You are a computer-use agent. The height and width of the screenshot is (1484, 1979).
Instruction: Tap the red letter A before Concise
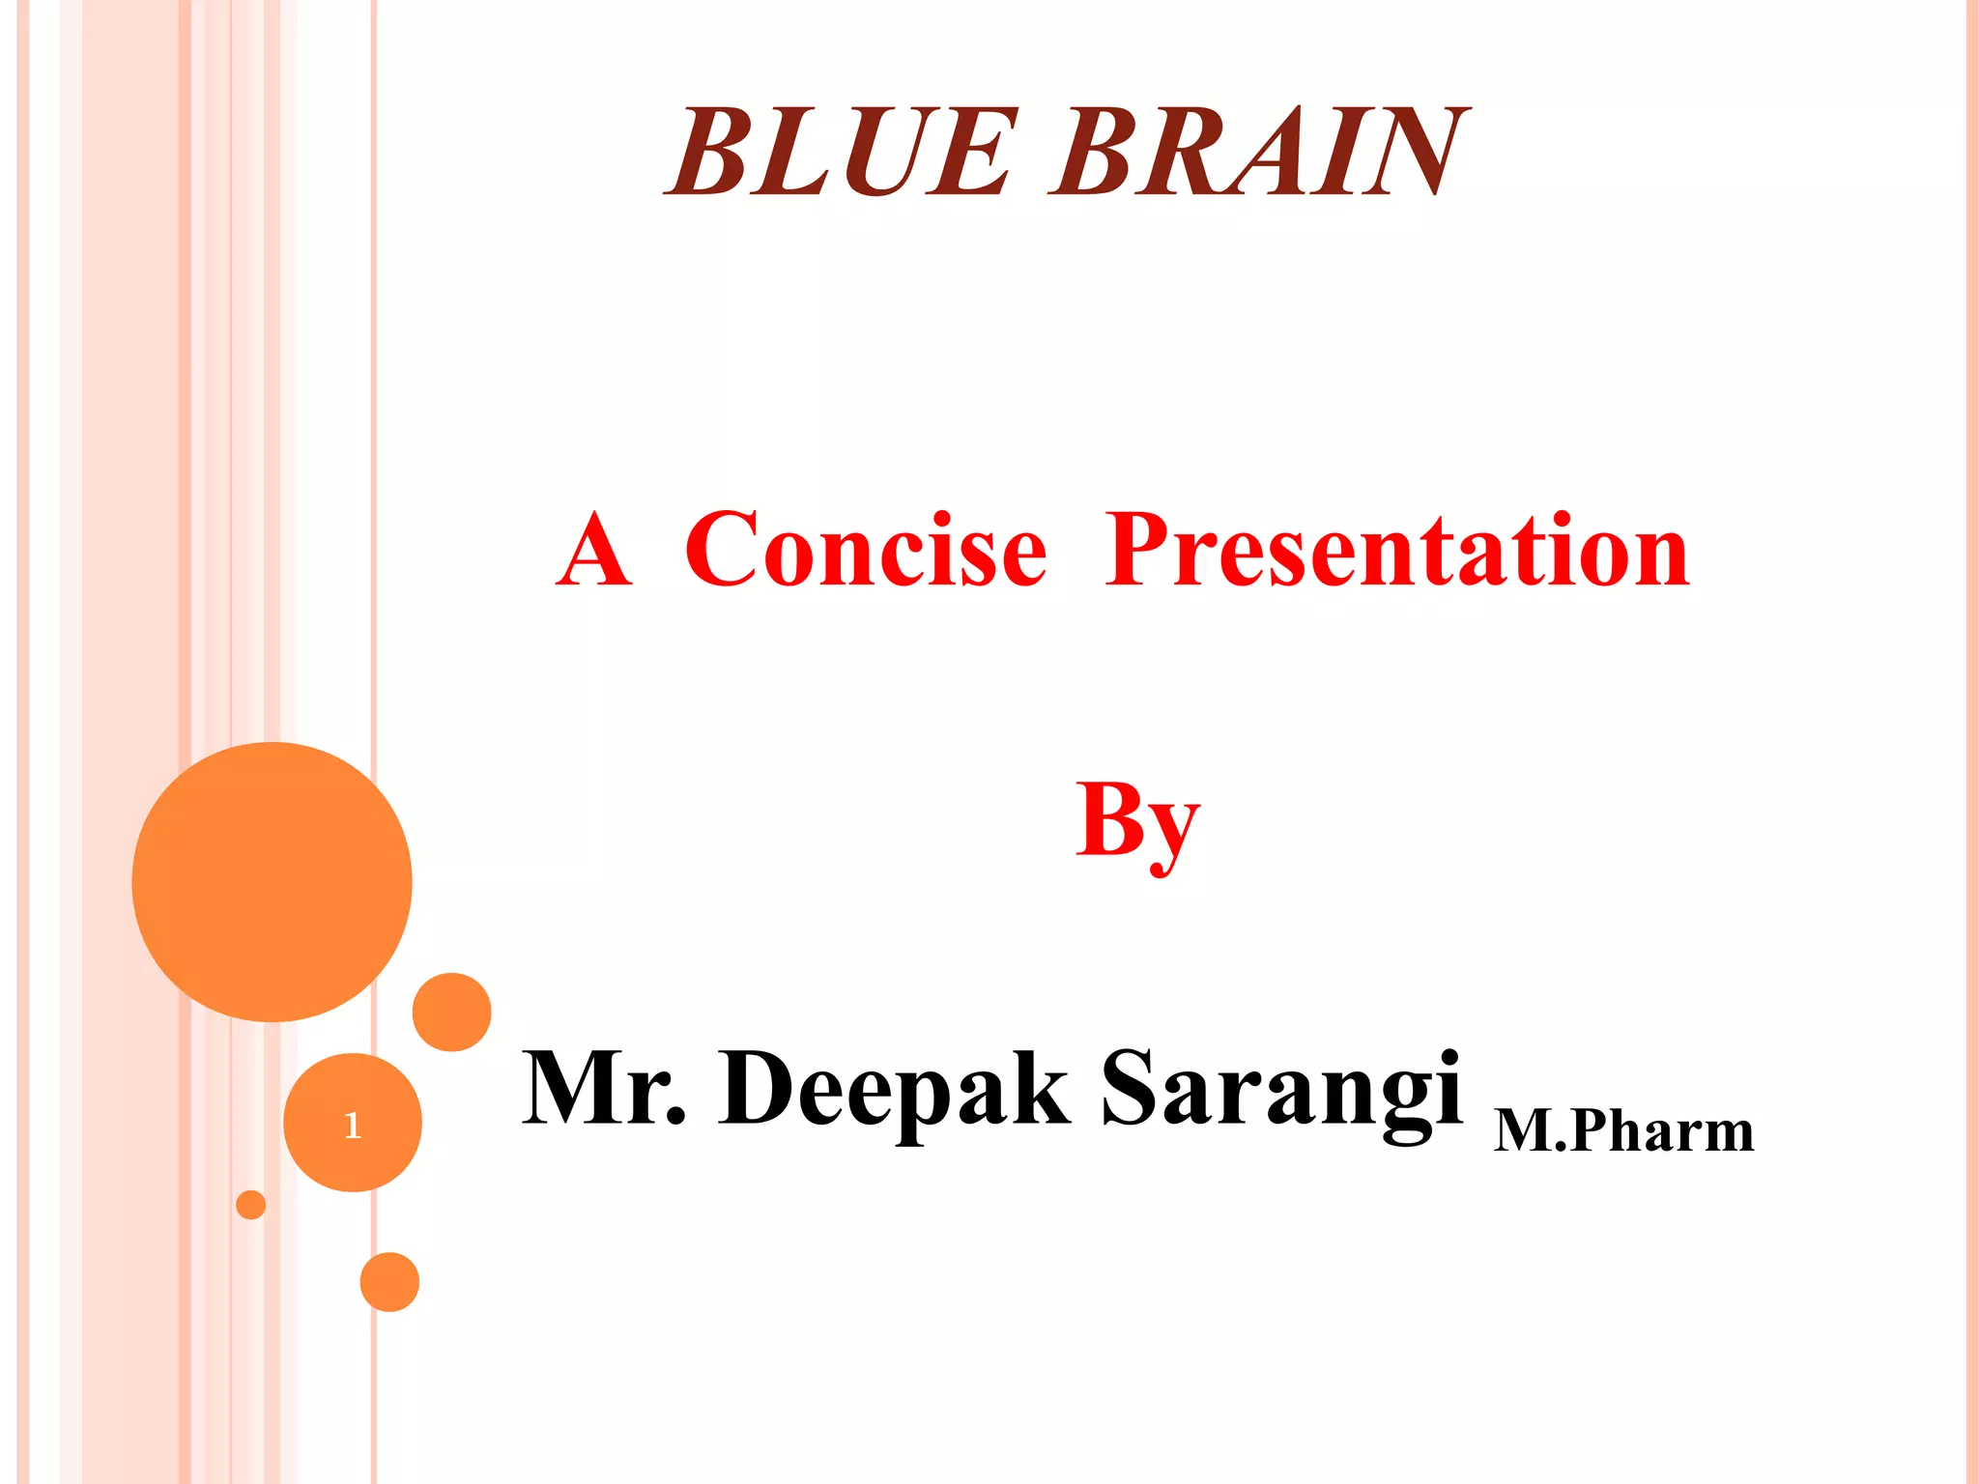[x=594, y=551]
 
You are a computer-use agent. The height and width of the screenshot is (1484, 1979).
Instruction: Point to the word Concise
[x=866, y=551]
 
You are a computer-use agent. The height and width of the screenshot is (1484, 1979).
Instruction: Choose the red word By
[x=1137, y=821]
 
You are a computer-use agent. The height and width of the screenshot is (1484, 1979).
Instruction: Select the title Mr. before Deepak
[x=604, y=1089]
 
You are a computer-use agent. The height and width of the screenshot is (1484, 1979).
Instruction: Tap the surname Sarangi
[x=1281, y=1092]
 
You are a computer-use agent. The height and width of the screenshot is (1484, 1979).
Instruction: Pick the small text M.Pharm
[x=1623, y=1130]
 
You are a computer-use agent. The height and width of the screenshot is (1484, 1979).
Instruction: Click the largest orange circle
[x=272, y=881]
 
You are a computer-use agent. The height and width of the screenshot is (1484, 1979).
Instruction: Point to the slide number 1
[x=353, y=1125]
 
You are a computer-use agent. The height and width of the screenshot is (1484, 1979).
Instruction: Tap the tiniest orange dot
[x=250, y=1205]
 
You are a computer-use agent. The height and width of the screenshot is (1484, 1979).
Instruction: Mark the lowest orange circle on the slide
[x=389, y=1282]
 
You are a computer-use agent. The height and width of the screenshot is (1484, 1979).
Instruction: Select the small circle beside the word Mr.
[x=451, y=1012]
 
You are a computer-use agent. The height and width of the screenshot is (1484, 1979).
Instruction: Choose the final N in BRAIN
[x=1413, y=152]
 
